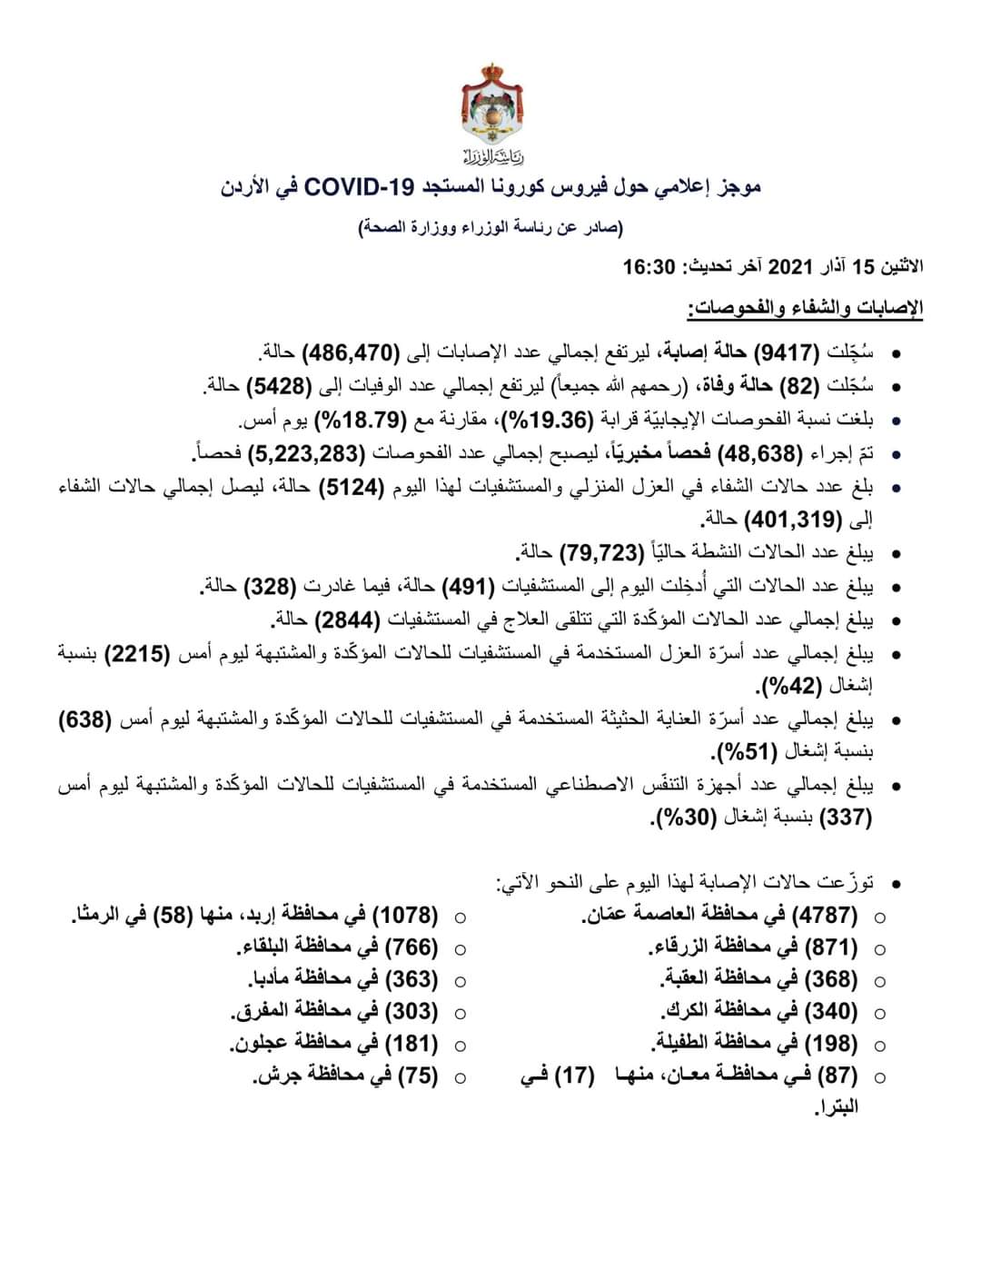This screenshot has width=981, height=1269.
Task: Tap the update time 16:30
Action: pyautogui.click(x=649, y=267)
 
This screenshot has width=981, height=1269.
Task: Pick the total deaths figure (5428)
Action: pyautogui.click(x=278, y=386)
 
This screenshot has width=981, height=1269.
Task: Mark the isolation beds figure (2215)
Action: pyautogui.click(x=134, y=654)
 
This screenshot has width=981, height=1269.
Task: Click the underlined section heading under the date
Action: pyautogui.click(x=805, y=309)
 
